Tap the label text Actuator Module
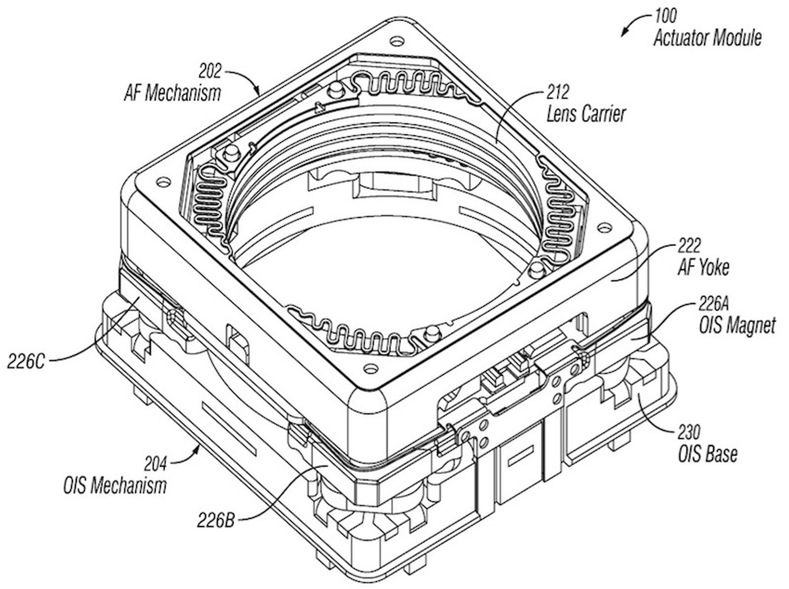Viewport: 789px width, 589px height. click(x=708, y=38)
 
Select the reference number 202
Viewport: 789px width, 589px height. click(x=210, y=72)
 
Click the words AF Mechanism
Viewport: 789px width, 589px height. click(x=173, y=93)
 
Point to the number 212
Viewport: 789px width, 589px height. click(x=557, y=93)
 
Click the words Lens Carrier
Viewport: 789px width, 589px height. click(x=586, y=114)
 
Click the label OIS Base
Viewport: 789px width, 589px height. click(x=708, y=454)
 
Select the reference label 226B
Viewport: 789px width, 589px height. click(x=215, y=520)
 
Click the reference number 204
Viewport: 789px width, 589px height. click(x=155, y=464)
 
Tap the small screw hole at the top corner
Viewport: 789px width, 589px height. click(x=394, y=40)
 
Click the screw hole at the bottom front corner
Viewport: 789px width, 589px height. click(x=368, y=368)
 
